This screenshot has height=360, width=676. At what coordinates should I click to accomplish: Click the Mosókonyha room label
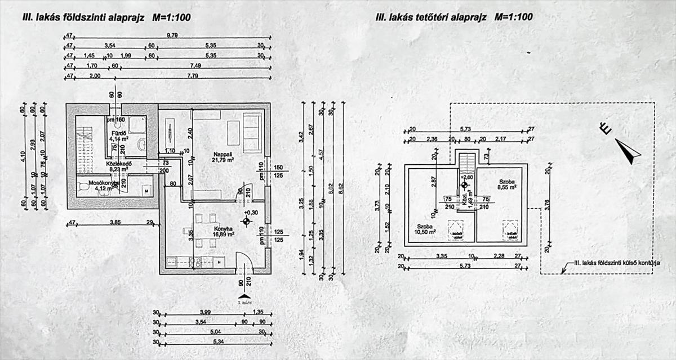96,183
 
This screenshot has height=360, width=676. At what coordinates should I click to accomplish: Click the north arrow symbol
628,150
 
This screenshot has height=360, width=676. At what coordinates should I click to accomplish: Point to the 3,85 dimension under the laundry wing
114,223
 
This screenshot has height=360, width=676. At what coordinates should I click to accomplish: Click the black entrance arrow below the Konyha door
243,296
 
